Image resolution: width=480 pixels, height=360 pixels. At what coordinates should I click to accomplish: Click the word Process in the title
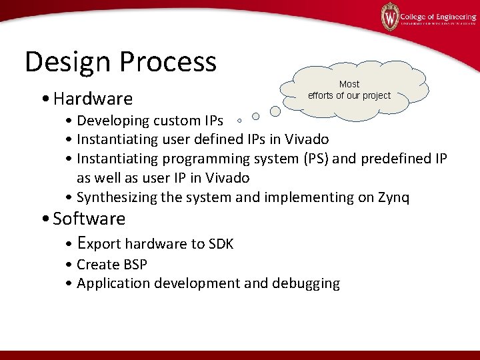click(169, 62)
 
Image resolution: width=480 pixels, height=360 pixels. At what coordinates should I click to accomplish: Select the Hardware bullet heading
click(93, 99)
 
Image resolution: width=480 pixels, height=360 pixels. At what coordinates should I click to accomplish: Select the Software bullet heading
click(89, 219)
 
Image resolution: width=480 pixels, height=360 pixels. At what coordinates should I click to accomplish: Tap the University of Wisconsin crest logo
click(389, 17)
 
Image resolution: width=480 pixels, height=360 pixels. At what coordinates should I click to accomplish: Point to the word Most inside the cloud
click(349, 84)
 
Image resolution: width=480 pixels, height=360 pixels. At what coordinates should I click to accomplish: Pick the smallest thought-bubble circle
click(239, 123)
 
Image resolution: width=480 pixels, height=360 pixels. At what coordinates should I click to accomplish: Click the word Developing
click(112, 121)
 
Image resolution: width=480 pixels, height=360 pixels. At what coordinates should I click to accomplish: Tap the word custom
click(175, 121)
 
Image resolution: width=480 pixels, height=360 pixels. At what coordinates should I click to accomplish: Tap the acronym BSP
click(134, 264)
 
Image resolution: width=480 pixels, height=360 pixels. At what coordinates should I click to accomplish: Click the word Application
click(113, 283)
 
